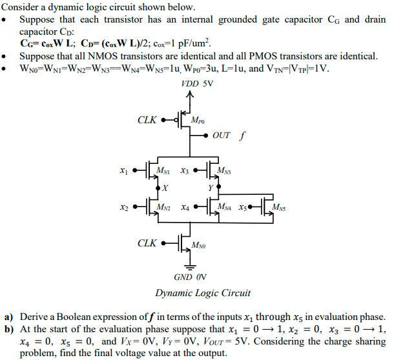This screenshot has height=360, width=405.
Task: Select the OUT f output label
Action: pyautogui.click(x=229, y=136)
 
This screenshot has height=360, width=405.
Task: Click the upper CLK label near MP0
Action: pyautogui.click(x=147, y=120)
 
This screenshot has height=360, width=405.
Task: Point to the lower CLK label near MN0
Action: pyautogui.click(x=147, y=243)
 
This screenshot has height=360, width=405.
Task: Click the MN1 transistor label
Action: pyautogui.click(x=165, y=171)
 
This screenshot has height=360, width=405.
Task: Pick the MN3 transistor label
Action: pyautogui.click(x=225, y=171)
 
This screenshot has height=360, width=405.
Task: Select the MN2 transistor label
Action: pyautogui.click(x=165, y=207)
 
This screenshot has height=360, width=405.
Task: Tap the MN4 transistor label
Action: pyautogui.click(x=225, y=207)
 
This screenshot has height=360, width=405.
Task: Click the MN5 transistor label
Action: pyautogui.click(x=280, y=207)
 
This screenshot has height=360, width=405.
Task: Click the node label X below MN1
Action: pyautogui.click(x=165, y=188)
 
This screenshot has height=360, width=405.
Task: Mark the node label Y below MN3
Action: pyautogui.click(x=210, y=188)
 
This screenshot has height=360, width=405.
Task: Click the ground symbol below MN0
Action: pyautogui.click(x=190, y=266)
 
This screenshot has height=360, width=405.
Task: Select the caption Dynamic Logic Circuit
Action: pyautogui.click(x=202, y=293)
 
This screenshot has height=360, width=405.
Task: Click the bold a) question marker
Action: pyautogui.click(x=8, y=317)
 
